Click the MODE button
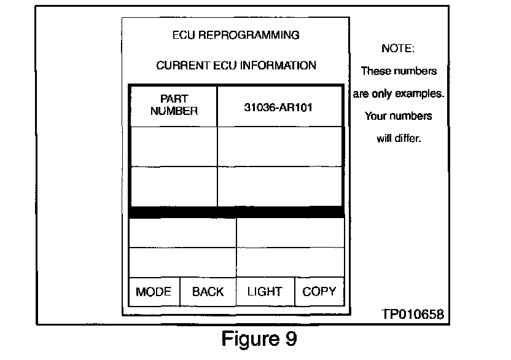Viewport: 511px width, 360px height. pyautogui.click(x=154, y=292)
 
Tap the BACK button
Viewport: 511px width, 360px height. pyautogui.click(x=208, y=292)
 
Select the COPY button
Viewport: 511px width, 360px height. pyautogui.click(x=319, y=292)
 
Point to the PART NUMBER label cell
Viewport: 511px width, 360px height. pyautogui.click(x=174, y=105)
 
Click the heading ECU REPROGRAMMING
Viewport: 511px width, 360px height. pyautogui.click(x=236, y=35)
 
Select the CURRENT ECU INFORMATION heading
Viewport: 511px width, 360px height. pyautogui.click(x=236, y=65)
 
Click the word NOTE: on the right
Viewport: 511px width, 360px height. pyautogui.click(x=398, y=48)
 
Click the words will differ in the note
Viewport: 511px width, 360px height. pyautogui.click(x=398, y=138)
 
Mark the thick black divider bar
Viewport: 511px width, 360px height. pyautogui.click(x=236, y=212)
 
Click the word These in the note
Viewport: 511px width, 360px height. pyautogui.click(x=375, y=71)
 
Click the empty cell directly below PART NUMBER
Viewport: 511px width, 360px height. pyautogui.click(x=174, y=146)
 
